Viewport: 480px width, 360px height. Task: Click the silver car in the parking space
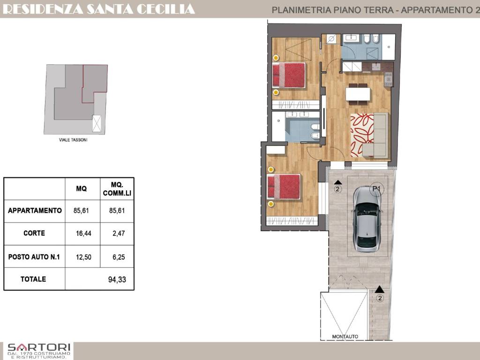pyautogui.click(x=367, y=219)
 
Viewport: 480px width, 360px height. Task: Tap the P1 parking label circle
pyautogui.click(x=376, y=189)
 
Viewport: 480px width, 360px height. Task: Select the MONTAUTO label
pyautogui.click(x=345, y=337)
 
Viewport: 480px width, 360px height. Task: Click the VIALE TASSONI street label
pyautogui.click(x=73, y=140)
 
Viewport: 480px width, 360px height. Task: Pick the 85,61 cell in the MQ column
pyautogui.click(x=81, y=210)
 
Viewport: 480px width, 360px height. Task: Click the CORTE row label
pyautogui.click(x=34, y=233)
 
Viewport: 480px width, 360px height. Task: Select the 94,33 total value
pyautogui.click(x=117, y=279)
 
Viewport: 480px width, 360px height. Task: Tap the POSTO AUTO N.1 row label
pyautogui.click(x=34, y=257)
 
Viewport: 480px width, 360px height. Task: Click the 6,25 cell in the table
pyautogui.click(x=119, y=257)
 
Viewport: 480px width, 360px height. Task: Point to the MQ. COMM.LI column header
pyautogui.click(x=117, y=189)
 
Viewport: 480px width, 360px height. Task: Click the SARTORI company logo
pyautogui.click(x=38, y=351)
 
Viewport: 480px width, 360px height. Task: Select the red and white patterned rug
pyautogui.click(x=362, y=135)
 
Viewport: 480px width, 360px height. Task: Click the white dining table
pyautogui.click(x=358, y=94)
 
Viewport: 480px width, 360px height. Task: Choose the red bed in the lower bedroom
pyautogui.click(x=284, y=187)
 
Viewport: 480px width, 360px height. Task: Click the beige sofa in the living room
pyautogui.click(x=376, y=135)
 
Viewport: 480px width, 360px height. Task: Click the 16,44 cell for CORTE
pyautogui.click(x=83, y=233)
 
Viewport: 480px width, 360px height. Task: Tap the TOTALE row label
pyautogui.click(x=33, y=279)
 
